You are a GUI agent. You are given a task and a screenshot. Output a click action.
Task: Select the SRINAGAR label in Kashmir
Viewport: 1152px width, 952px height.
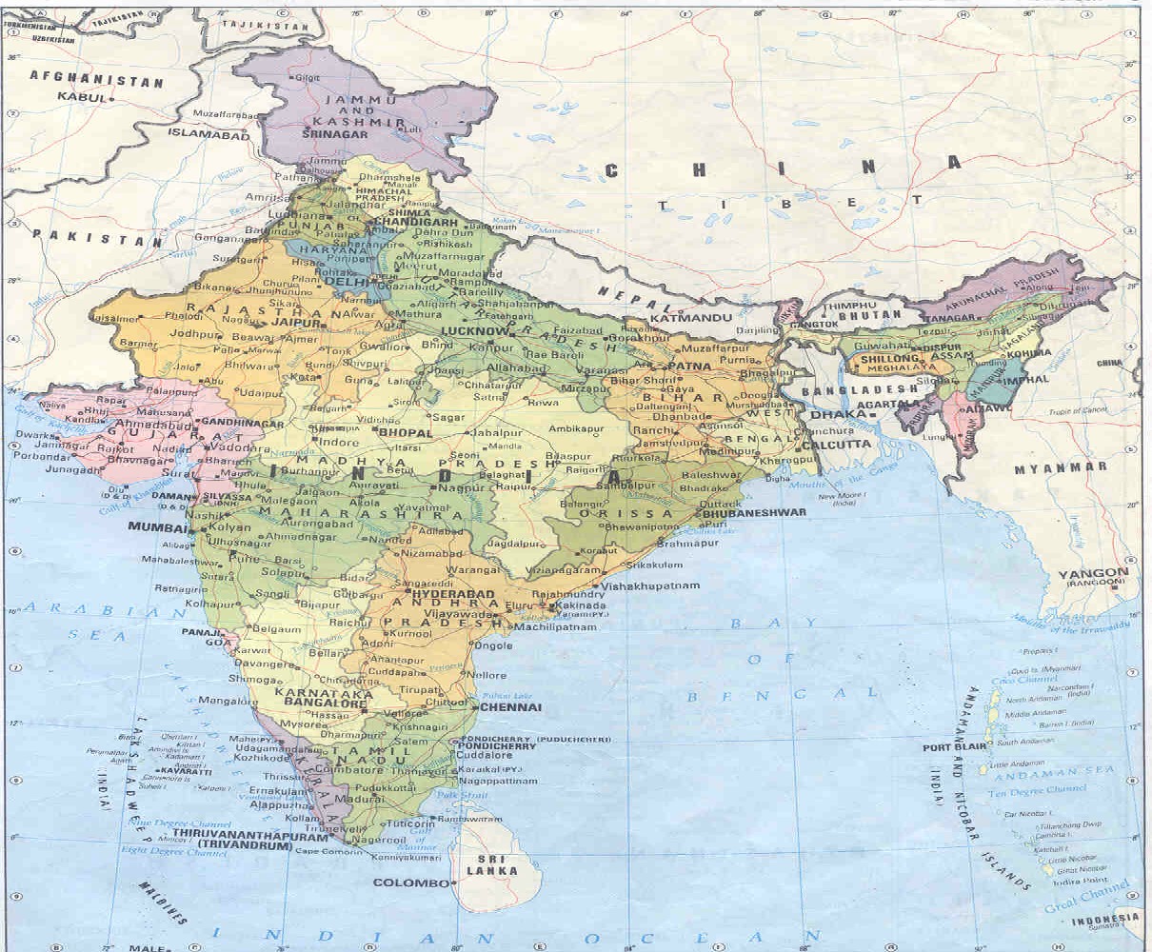pyautogui.click(x=334, y=135)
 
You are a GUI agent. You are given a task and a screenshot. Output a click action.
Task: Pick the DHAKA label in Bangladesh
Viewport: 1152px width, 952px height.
pyautogui.click(x=832, y=414)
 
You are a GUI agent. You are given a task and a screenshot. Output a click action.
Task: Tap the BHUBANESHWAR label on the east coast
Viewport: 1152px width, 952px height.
pyautogui.click(x=755, y=512)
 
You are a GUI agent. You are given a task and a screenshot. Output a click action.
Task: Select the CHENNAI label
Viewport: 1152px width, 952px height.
pyautogui.click(x=512, y=707)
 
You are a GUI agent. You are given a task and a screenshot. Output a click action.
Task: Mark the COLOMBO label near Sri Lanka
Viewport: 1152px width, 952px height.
pyautogui.click(x=409, y=883)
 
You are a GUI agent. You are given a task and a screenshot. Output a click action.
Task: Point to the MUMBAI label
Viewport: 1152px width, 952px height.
pyautogui.click(x=159, y=526)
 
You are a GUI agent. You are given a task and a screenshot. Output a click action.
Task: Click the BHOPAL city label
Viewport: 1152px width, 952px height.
pyautogui.click(x=405, y=432)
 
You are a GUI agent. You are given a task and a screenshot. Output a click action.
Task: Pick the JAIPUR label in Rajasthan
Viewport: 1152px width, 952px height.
pyautogui.click(x=293, y=323)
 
